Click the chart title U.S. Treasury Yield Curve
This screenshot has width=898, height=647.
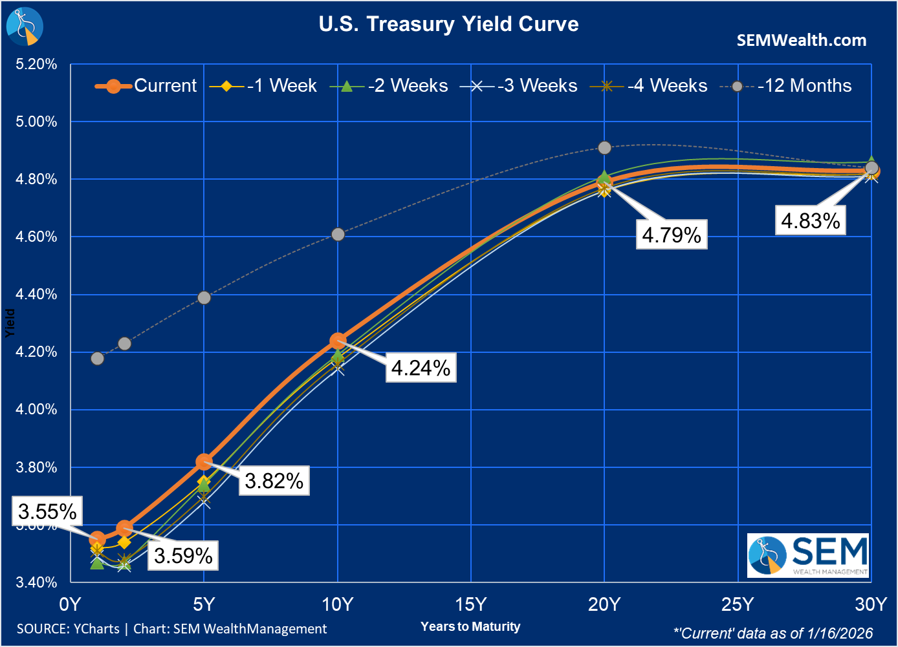pyautogui.click(x=448, y=24)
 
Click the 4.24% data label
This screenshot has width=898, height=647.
pyautogui.click(x=421, y=368)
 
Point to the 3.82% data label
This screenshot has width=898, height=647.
pyautogui.click(x=274, y=481)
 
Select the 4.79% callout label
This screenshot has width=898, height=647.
pyautogui.click(x=672, y=235)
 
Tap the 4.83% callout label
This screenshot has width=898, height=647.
pyautogui.click(x=811, y=220)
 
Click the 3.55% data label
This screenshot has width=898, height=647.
pyautogui.click(x=47, y=512)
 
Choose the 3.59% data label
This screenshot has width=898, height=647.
pyautogui.click(x=183, y=556)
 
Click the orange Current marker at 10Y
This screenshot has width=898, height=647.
pyautogui.click(x=338, y=341)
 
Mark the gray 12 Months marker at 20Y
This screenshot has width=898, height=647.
pyautogui.click(x=604, y=148)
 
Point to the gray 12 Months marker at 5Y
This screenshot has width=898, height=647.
pyautogui.click(x=204, y=297)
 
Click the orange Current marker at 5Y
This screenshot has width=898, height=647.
pyautogui.click(x=204, y=461)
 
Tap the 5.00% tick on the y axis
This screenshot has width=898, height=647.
pyautogui.click(x=36, y=122)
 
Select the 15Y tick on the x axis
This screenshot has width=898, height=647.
pyautogui.click(x=470, y=604)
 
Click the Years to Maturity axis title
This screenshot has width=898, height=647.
pyautogui.click(x=470, y=626)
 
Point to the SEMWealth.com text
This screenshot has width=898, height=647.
pyautogui.click(x=801, y=40)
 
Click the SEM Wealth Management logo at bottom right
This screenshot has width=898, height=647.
pyautogui.click(x=807, y=555)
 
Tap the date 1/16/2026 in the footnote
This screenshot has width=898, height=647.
pyautogui.click(x=840, y=633)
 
